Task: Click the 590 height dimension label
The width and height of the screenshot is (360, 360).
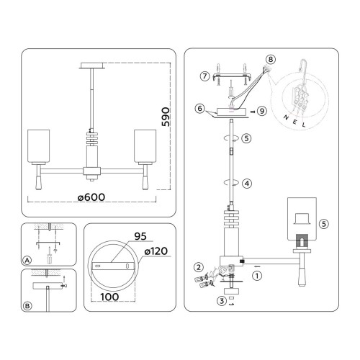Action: [x=166, y=117]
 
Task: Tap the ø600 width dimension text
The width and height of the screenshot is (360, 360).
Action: [x=91, y=197]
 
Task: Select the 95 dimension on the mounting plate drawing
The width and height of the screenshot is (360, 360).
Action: [x=140, y=236]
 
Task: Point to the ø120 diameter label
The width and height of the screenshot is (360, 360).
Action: [x=156, y=251]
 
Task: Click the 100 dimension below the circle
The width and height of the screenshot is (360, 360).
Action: [x=109, y=297]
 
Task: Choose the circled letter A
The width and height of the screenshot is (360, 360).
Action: [x=27, y=260]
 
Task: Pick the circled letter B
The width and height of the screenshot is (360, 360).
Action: [x=27, y=306]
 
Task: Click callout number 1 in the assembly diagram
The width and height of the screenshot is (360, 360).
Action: [x=257, y=276]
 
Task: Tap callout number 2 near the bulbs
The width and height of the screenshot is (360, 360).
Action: [x=199, y=267]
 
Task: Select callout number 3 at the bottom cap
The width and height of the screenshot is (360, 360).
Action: [x=222, y=301]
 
